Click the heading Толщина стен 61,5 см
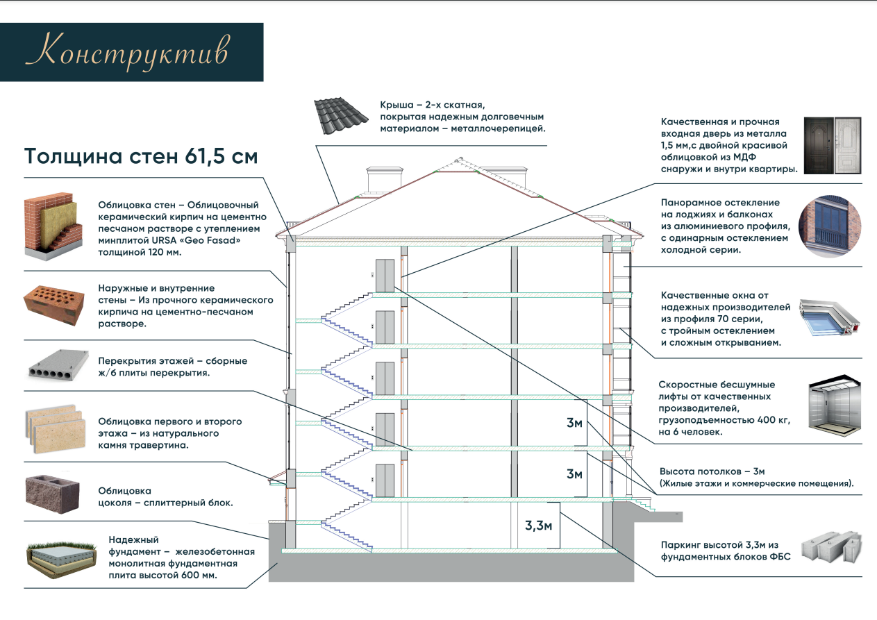141,156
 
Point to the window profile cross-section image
830,317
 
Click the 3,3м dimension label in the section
538,525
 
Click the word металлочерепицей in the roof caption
498,128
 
